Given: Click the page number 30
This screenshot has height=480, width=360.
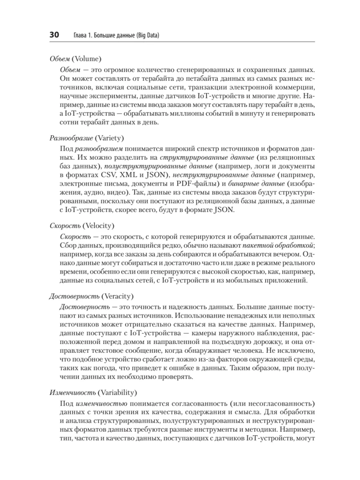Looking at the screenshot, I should point(54,35).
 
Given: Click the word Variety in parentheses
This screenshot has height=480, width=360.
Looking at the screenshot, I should point(110,138).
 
